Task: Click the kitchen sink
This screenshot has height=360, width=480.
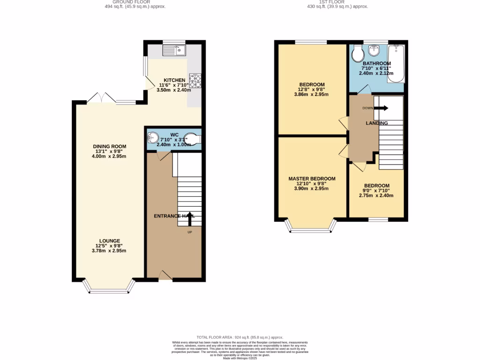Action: point(174,50)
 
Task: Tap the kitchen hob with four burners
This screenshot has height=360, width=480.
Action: point(195,81)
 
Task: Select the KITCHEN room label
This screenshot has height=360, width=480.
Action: point(174,80)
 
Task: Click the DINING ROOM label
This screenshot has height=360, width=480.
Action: point(109,146)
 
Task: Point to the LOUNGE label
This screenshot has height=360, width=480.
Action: point(109,241)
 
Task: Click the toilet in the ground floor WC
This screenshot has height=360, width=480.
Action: point(193,139)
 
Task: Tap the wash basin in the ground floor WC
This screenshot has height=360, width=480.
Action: point(153,138)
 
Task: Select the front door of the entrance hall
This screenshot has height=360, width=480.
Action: point(165,276)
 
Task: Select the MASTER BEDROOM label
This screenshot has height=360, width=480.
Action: point(312,179)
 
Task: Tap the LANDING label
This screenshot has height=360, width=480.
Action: point(377,123)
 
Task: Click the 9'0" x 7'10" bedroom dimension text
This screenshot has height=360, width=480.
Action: point(376,190)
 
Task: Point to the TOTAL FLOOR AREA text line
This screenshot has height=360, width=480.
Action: point(240,337)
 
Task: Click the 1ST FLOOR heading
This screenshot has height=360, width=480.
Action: point(332,2)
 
